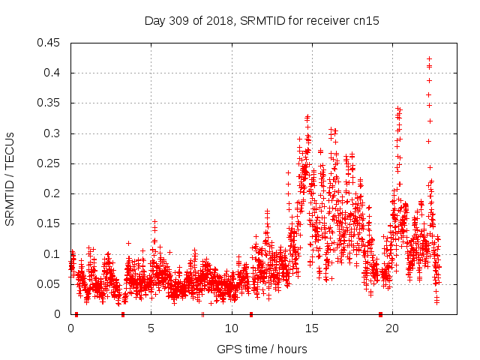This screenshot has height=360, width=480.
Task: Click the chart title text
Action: [x=262, y=21]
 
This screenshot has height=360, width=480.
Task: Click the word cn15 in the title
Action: [x=367, y=21]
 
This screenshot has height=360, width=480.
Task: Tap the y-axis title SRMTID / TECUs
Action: [x=10, y=178]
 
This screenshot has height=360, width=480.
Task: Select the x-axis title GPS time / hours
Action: [x=262, y=349]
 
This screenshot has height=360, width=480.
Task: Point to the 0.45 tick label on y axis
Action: [x=49, y=43]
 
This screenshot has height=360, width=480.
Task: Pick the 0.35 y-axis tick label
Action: [x=49, y=103]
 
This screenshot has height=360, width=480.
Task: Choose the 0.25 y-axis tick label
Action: [x=49, y=163]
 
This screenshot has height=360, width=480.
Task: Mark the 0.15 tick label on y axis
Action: [x=49, y=224]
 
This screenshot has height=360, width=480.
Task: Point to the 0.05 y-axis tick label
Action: [x=49, y=284]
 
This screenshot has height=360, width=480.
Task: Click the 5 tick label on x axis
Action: [x=151, y=328]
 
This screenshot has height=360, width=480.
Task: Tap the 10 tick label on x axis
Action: [x=231, y=328]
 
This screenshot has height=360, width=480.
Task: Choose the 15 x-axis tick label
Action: [x=311, y=328]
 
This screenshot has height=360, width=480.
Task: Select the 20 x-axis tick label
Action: [x=391, y=328]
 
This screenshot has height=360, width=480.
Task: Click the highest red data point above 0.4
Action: [x=429, y=58]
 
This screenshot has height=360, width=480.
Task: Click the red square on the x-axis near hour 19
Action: [x=380, y=314]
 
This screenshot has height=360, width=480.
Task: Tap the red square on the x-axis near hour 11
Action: [x=251, y=314]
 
